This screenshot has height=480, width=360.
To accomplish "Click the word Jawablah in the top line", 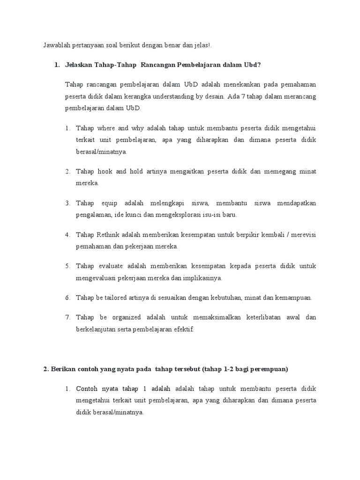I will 57,45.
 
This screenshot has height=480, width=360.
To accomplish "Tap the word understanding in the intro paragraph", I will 179,97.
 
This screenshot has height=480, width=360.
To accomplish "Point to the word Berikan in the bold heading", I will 62,369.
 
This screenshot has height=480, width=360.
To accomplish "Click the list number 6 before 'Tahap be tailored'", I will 67,297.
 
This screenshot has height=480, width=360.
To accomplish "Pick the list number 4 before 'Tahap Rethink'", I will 67,234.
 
